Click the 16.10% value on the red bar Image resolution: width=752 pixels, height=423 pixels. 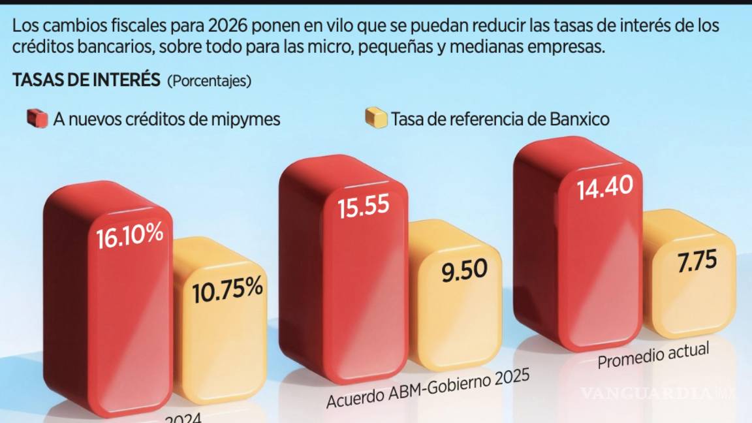tap(130, 237)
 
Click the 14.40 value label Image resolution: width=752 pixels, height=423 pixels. tap(604, 188)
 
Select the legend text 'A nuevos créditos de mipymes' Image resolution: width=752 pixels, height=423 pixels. tap(167, 119)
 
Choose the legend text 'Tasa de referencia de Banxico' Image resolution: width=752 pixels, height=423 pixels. tap(500, 119)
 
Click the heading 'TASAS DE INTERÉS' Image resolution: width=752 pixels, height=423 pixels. tap(86, 80)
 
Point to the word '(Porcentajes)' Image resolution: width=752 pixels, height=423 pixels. tap(209, 82)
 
